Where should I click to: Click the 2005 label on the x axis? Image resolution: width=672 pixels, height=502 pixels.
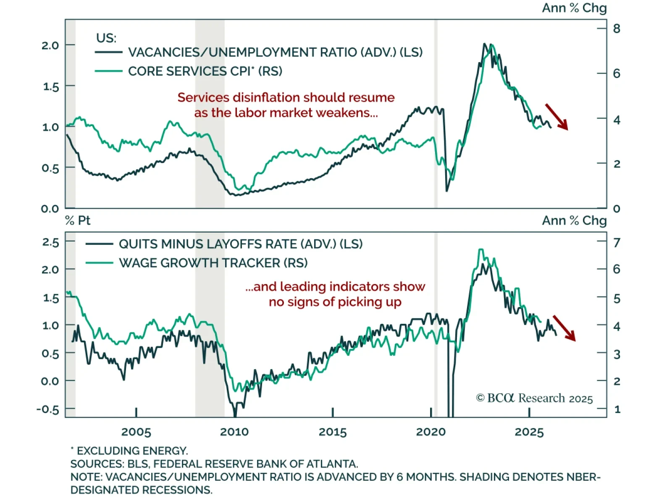pyautogui.click(x=136, y=432)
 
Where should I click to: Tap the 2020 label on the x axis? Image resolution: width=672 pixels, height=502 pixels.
pyautogui.click(x=431, y=432)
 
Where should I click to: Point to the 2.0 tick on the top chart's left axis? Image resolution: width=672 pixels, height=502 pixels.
pyautogui.click(x=50, y=45)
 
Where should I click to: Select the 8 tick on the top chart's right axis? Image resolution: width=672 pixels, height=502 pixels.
pyautogui.click(x=617, y=29)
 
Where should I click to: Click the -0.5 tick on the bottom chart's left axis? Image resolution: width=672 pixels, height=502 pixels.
pyautogui.click(x=47, y=409)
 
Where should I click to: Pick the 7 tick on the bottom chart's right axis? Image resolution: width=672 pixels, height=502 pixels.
pyautogui.click(x=617, y=242)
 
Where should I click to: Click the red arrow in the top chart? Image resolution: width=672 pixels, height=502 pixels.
pyautogui.click(x=556, y=117)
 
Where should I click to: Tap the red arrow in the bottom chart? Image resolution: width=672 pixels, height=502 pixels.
pyautogui.click(x=564, y=328)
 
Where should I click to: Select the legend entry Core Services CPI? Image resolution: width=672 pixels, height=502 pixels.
pyautogui.click(x=205, y=71)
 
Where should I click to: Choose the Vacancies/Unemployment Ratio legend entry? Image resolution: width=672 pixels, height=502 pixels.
pyautogui.click(x=275, y=52)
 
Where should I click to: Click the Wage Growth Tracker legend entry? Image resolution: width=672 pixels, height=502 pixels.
pyautogui.click(x=213, y=263)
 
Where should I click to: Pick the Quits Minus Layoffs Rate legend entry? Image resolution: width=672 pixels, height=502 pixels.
pyautogui.click(x=240, y=244)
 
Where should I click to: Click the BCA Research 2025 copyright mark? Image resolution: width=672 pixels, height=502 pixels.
pyautogui.click(x=534, y=398)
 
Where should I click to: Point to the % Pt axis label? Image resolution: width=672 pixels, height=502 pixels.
pyautogui.click(x=78, y=221)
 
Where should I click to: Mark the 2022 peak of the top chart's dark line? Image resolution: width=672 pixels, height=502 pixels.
pyautogui.click(x=485, y=44)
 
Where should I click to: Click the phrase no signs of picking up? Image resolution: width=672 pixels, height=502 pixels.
pyautogui.click(x=335, y=302)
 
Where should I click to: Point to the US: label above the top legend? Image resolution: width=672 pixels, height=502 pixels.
pyautogui.click(x=106, y=38)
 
